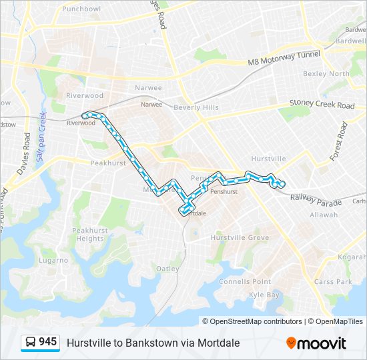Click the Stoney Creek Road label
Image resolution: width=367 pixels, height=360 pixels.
tap(322, 105)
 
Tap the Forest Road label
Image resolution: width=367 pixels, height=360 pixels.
tap(339, 141)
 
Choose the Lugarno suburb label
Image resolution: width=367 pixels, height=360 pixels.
tap(53, 260)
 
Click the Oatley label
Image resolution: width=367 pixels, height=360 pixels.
tap(167, 269)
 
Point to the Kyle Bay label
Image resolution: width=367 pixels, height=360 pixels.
tap(264, 295)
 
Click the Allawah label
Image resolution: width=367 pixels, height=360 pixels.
tap(324, 215)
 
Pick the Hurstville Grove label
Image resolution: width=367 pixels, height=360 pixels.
tap(240, 238)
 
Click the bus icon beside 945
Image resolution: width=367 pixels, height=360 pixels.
tap(30, 343)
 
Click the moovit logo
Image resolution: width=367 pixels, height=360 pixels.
tap(316, 343)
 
